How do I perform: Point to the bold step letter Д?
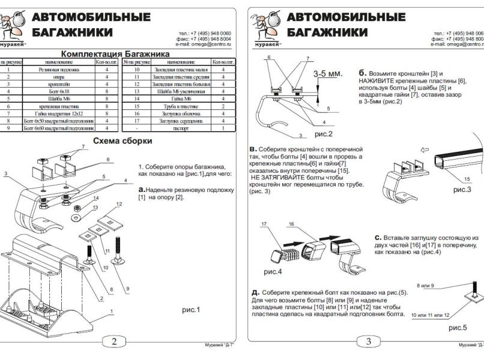tap(255, 292)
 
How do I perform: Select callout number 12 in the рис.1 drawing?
tap(118, 205)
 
